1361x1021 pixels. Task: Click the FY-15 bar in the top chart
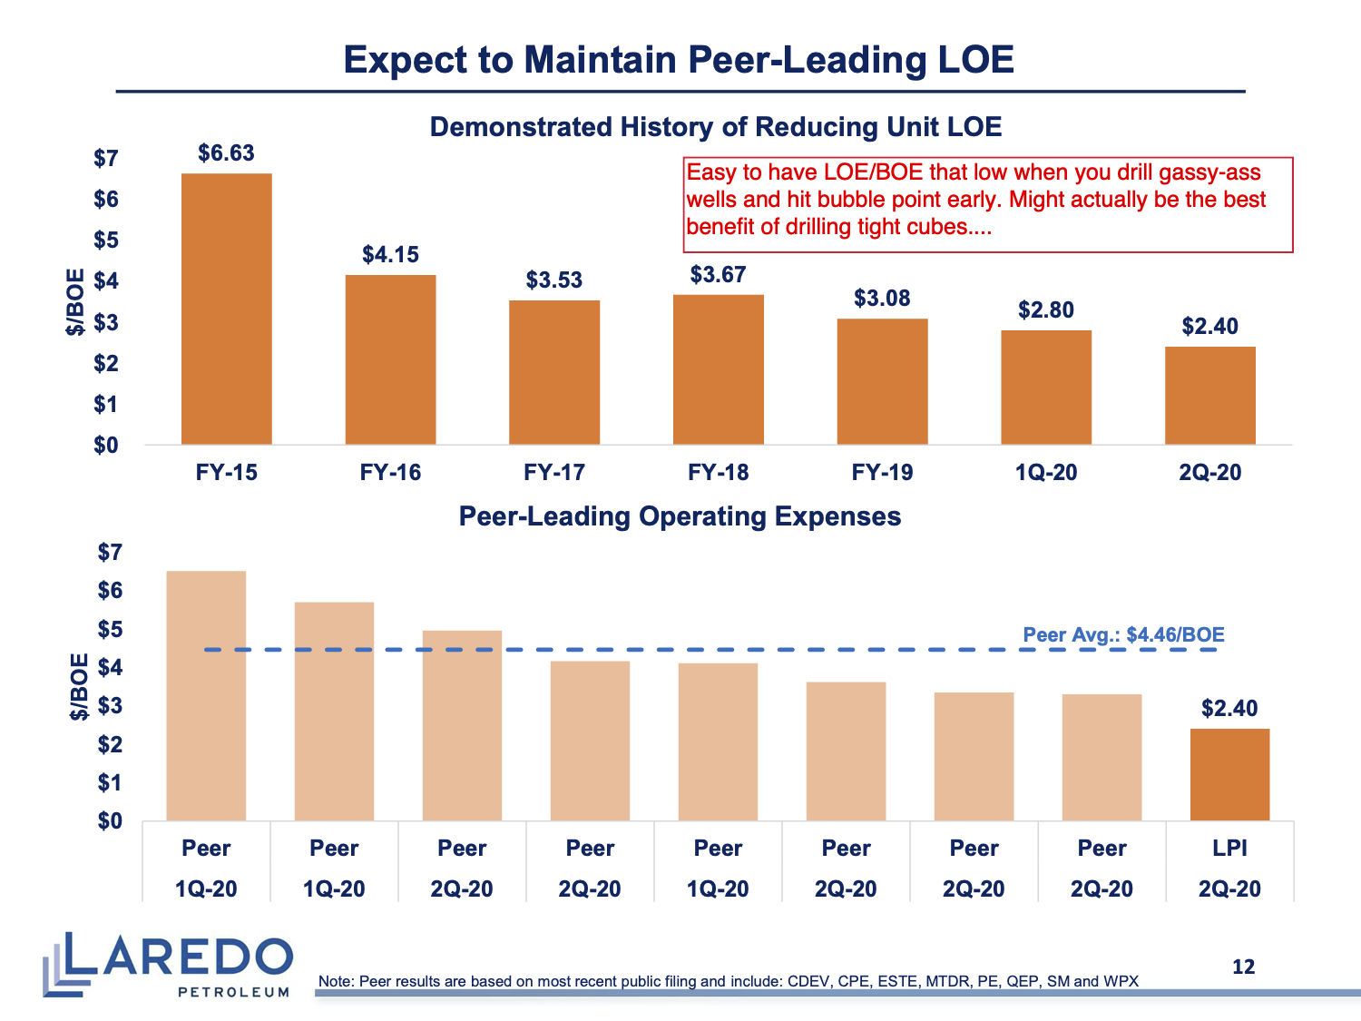[x=227, y=309]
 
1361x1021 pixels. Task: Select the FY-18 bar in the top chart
[x=719, y=369]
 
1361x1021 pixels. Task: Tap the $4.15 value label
[x=391, y=255]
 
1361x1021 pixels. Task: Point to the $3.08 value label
[x=882, y=299]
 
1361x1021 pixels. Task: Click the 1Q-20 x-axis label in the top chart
[x=1046, y=473]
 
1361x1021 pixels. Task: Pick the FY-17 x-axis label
[x=554, y=473]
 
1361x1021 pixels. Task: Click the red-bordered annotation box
[x=987, y=204]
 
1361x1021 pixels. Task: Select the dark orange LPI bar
[x=1229, y=775]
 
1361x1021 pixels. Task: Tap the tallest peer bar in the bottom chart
[x=206, y=696]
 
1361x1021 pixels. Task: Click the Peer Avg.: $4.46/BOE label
[x=1123, y=634]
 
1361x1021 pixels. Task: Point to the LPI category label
[x=1229, y=849]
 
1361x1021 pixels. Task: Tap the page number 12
[x=1243, y=967]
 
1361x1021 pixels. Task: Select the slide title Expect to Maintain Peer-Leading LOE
[x=679, y=60]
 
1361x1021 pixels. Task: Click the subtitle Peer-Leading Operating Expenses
[x=680, y=516]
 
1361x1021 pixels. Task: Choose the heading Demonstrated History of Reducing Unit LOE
[x=716, y=127]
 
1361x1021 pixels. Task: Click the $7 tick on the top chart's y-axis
[x=106, y=159]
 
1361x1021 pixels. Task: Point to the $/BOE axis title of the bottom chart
[x=80, y=687]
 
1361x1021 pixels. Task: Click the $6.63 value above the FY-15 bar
[x=227, y=153]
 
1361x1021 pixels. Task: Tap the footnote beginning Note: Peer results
[x=728, y=981]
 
